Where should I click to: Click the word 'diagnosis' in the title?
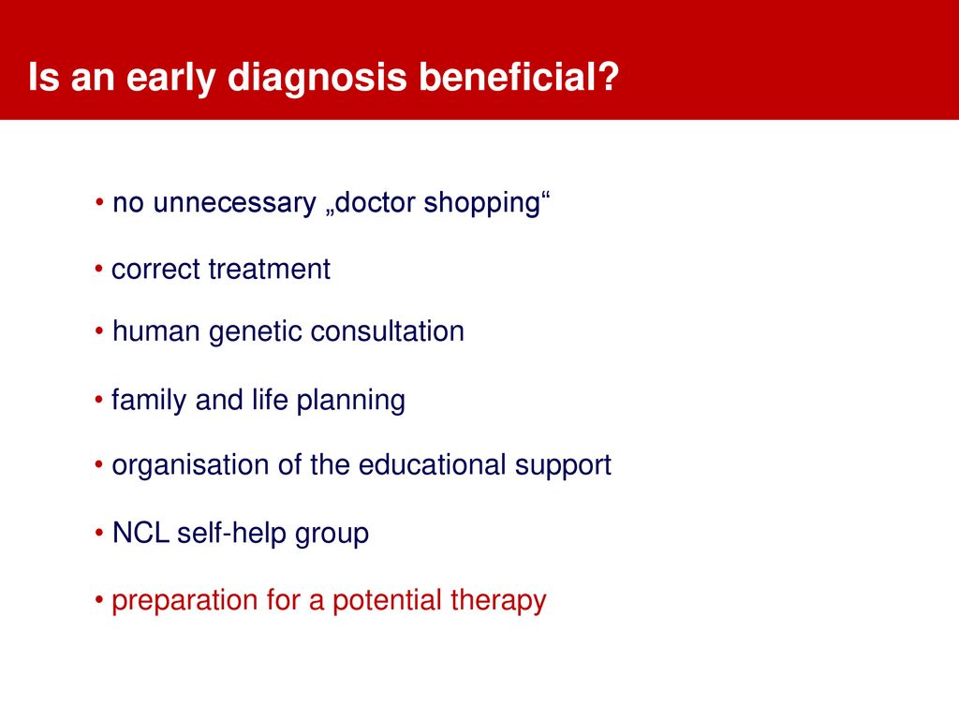point(317,78)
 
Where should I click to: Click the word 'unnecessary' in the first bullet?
point(234,203)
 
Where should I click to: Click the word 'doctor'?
point(376,202)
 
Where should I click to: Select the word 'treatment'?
point(269,270)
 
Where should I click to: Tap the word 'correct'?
point(156,270)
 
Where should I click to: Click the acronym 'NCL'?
point(140,533)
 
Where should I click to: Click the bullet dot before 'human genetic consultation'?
point(99,331)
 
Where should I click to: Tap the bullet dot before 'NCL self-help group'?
point(99,533)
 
